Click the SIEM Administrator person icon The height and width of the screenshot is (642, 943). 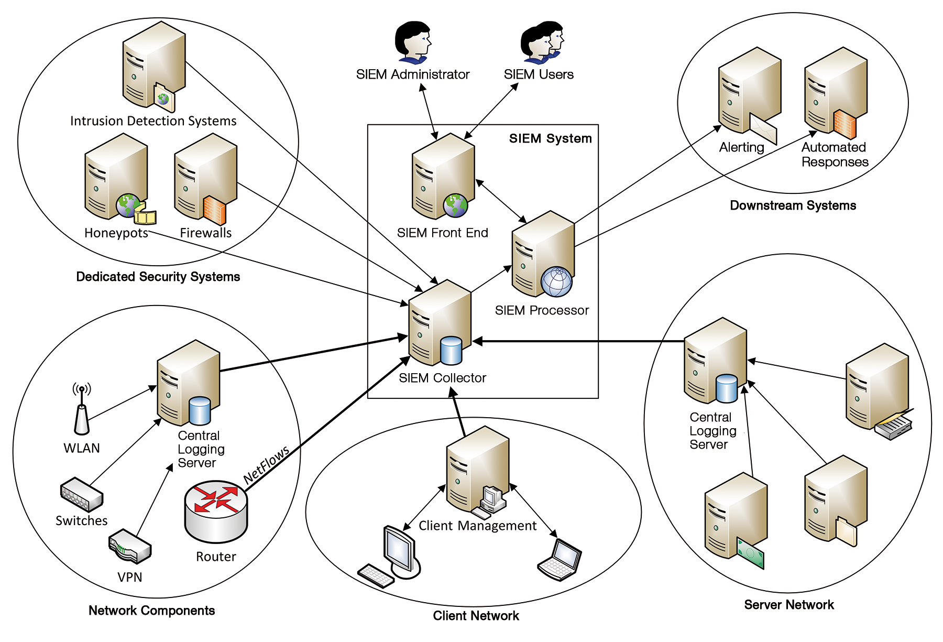[413, 42]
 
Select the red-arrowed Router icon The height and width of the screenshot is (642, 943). [216, 511]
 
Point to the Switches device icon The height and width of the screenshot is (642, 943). [82, 494]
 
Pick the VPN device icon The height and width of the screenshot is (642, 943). [130, 546]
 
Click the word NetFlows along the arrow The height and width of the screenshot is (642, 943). [266, 464]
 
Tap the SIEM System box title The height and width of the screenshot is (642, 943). [550, 138]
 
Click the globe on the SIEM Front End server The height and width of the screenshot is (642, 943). [455, 205]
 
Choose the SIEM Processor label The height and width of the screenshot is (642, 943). [542, 310]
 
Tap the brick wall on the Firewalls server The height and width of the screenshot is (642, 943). [215, 210]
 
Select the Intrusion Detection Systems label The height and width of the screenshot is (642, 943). [153, 121]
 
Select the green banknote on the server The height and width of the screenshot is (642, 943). [750, 553]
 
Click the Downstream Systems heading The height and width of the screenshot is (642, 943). [793, 205]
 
